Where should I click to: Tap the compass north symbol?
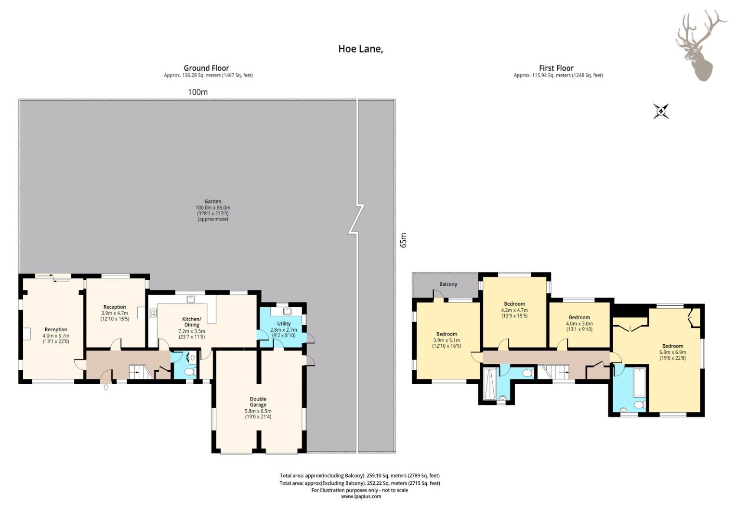(x=661, y=111)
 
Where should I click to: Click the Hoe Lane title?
(x=361, y=49)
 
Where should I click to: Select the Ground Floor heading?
(x=206, y=68)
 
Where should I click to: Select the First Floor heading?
(x=556, y=68)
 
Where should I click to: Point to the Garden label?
(x=212, y=201)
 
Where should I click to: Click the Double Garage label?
(x=258, y=402)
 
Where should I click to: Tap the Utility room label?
(x=284, y=324)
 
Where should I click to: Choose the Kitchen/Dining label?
(x=192, y=322)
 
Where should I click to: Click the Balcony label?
(x=448, y=284)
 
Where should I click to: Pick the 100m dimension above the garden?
(x=197, y=92)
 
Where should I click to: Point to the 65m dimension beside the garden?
(x=404, y=240)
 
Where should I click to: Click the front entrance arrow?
(x=106, y=387)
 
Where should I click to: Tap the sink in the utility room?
(x=287, y=311)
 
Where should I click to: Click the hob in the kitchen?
(x=153, y=313)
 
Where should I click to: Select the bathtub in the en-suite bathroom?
(x=639, y=382)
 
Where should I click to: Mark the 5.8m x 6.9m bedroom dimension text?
(x=672, y=352)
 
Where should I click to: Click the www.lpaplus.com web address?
(x=361, y=496)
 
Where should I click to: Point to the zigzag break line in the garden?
(x=356, y=219)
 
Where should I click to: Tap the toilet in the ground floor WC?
(x=189, y=372)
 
